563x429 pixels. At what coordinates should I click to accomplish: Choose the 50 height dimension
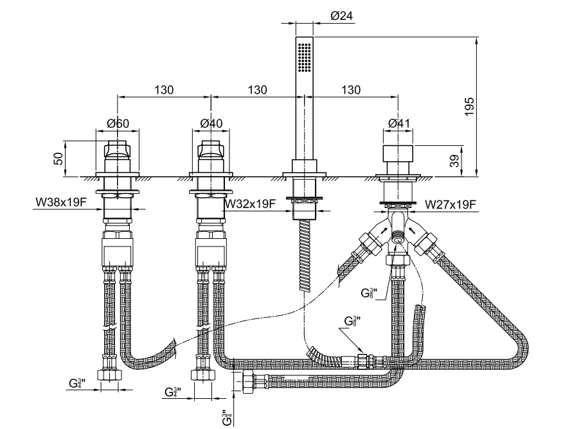[x=58, y=158]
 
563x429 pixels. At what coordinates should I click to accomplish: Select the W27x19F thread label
[x=451, y=205]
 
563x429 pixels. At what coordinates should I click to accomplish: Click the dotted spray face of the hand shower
[x=305, y=57]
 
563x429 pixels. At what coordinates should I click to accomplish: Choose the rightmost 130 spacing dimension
[x=351, y=91]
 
